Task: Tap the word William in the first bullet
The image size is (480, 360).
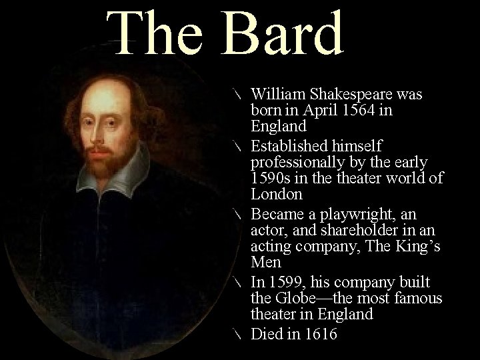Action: tap(279, 94)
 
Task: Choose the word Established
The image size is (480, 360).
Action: tap(290, 145)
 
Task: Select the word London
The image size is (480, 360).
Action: tap(277, 195)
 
